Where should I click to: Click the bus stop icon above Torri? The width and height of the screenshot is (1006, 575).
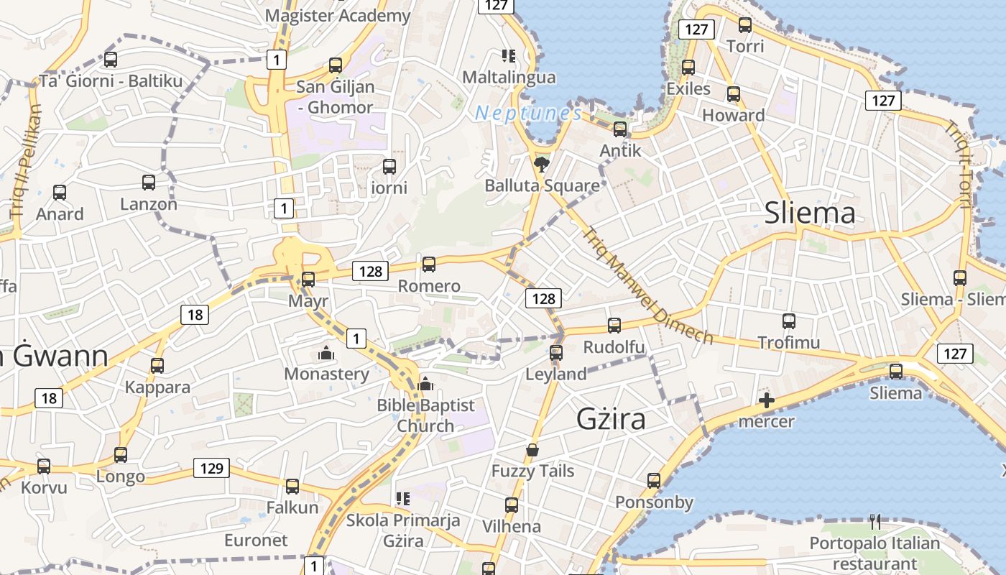point(745,25)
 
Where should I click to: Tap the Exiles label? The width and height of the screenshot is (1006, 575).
point(688,88)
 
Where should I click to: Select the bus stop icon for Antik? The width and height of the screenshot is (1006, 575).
point(619,129)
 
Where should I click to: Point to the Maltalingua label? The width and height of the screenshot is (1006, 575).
point(509,77)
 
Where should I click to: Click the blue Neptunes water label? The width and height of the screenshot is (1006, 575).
point(528,113)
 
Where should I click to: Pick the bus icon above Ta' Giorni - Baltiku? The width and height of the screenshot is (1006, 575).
point(111,60)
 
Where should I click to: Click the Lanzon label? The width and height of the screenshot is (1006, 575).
point(149,204)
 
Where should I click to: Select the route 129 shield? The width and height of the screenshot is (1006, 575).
point(211,469)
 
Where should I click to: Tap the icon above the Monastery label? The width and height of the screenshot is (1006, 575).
point(326,354)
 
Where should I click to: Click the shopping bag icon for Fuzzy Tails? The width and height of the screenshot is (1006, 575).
point(532,450)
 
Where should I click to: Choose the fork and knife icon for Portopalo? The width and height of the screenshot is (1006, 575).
point(875,521)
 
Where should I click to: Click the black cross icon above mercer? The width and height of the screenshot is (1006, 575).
point(767,400)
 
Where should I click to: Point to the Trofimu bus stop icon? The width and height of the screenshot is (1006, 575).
point(789,321)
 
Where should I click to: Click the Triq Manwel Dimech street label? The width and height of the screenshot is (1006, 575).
point(647,286)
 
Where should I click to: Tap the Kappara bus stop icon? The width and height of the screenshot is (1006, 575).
point(157,366)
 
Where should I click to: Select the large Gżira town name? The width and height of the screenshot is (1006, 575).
point(612,419)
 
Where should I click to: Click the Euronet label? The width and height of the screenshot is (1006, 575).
point(256,540)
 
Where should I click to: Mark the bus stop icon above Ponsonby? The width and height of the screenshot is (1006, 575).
point(654,480)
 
